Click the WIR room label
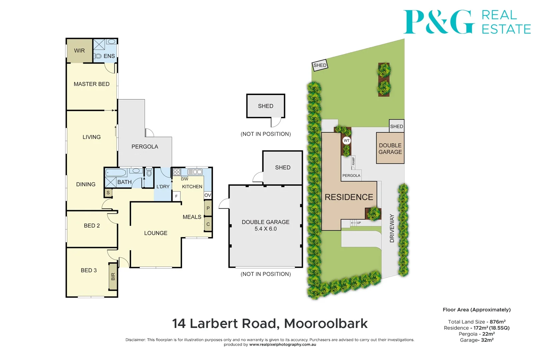coord(79,51)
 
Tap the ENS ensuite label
coord(109,56)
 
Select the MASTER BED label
coord(91,84)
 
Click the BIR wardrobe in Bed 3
coord(113,276)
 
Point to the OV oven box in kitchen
coord(208,195)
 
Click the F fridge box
coord(176,196)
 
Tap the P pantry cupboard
coord(208,208)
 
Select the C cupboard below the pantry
coord(208,224)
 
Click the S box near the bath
coord(108,193)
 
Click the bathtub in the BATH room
coord(116,172)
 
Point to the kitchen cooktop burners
coord(177,172)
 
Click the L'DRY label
coord(163,187)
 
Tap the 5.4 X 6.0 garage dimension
coord(266,229)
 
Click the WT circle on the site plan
coord(347,141)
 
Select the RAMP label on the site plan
coord(353,161)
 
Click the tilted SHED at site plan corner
coord(320,65)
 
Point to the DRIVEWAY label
coord(392,228)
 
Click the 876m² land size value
coord(497,322)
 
